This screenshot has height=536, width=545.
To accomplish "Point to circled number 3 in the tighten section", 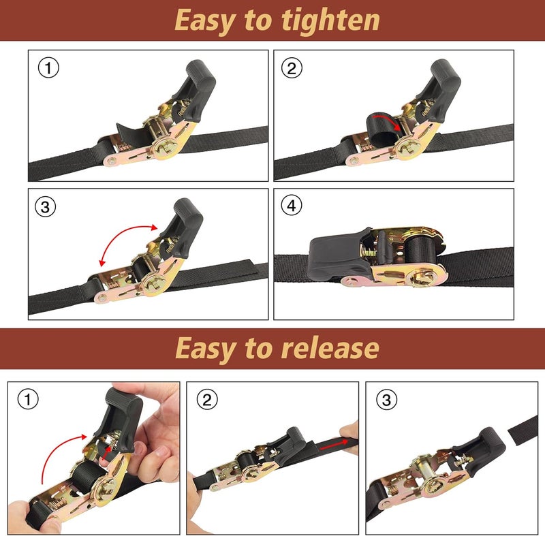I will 46,208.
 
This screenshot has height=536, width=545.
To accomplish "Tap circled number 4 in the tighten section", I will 292,206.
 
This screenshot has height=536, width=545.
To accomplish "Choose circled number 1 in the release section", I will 27,400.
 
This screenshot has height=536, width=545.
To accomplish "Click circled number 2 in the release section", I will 206,400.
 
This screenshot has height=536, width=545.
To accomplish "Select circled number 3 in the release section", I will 386,400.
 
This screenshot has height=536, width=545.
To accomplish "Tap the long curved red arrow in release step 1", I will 58,456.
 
